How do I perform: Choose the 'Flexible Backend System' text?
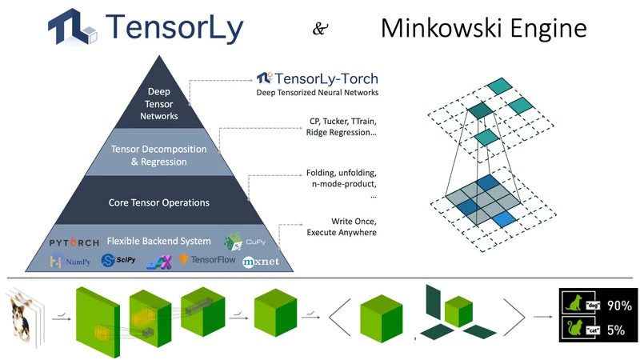click(x=159, y=241)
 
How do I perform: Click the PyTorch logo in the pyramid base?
click(x=74, y=242)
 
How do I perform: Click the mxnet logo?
click(x=260, y=261)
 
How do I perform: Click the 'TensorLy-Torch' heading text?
click(x=317, y=78)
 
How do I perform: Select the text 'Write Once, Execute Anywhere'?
click(x=343, y=226)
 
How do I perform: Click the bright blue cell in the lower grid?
click(x=502, y=218)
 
